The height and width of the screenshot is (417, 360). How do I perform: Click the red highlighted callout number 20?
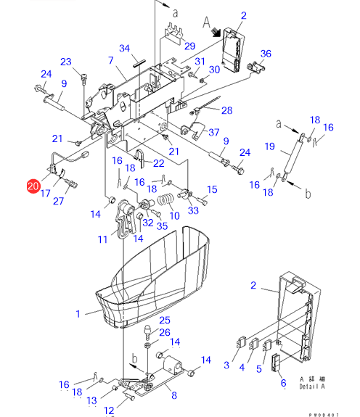(x=33, y=186)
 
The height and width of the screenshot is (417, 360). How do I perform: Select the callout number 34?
(x=125, y=49)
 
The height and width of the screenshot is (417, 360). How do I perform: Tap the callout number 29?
(x=190, y=46)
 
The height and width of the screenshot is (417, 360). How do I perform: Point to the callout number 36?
(x=266, y=54)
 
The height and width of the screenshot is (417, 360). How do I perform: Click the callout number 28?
(x=227, y=110)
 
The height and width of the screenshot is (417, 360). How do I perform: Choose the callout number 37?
(x=214, y=132)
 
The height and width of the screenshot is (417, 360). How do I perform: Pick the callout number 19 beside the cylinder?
(x=269, y=146)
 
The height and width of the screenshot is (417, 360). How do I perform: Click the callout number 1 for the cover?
(x=78, y=314)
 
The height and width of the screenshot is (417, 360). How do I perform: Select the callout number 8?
(x=174, y=395)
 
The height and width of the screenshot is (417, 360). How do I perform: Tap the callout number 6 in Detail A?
(x=284, y=383)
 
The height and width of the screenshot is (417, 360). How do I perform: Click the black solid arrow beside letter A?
(x=216, y=33)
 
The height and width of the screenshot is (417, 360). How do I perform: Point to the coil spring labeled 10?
(x=165, y=200)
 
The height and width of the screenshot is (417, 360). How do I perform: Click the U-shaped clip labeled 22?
(x=140, y=158)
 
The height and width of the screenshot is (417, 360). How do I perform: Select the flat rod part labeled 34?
(x=139, y=64)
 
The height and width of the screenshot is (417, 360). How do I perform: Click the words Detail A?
(x=312, y=387)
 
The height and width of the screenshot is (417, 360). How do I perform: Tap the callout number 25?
(x=165, y=321)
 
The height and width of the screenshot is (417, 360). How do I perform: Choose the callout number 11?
(x=103, y=239)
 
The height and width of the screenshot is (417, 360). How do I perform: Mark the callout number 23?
(x=66, y=62)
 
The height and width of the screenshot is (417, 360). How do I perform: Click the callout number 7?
(x=111, y=60)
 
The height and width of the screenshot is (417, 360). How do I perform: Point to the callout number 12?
(x=109, y=410)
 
